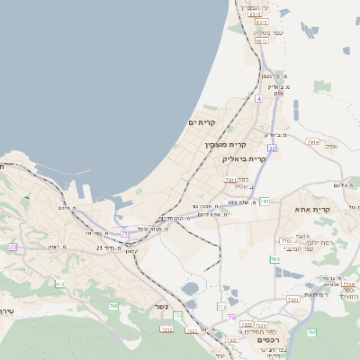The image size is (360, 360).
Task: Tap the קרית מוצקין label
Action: [x=225, y=144]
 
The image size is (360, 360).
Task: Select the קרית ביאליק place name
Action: [x=244, y=158]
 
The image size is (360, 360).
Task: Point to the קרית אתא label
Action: [x=313, y=209]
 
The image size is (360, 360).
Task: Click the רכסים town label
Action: [x=267, y=340]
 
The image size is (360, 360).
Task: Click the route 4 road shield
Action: [x=258, y=97]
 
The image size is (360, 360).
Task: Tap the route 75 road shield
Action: [x=124, y=233]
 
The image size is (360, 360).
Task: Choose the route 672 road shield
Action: [x=60, y=284]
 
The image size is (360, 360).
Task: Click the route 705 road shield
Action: [x=114, y=307]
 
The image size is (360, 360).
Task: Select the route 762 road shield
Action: [x=311, y=333]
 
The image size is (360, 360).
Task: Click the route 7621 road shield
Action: [x=292, y=299]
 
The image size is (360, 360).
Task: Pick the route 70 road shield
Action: [x=232, y=318]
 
